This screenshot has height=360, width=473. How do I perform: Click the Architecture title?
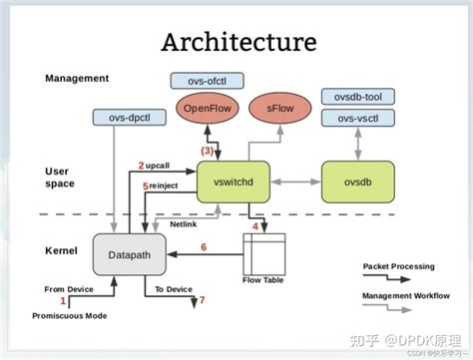[239, 42]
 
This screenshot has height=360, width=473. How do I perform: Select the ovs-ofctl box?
[208, 79]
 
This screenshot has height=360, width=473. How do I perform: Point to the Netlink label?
[183, 224]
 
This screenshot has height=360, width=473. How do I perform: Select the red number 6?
[204, 246]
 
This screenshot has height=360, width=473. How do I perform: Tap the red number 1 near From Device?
[63, 300]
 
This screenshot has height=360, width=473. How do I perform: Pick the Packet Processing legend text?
[399, 266]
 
